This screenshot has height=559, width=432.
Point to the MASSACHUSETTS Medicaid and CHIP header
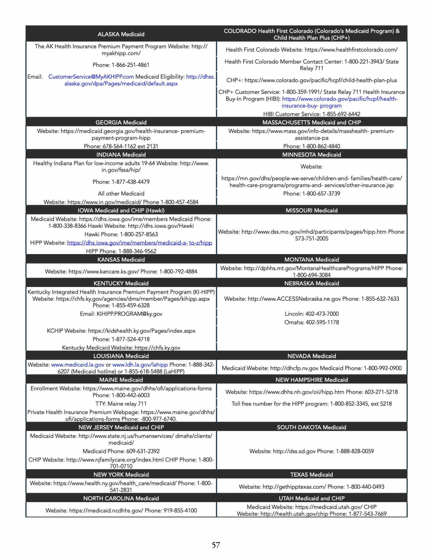pyautogui.click(x=311, y=122)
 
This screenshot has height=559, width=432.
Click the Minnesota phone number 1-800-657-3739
pyautogui.click(x=311, y=194)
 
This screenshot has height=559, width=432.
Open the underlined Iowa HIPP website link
pyautogui.click(x=140, y=243)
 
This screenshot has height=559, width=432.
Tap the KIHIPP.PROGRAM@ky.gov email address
pyautogui.click(x=129, y=314)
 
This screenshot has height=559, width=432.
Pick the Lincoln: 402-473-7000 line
pyautogui.click(x=311, y=314)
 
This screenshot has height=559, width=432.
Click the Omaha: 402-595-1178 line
pyautogui.click(x=311, y=322)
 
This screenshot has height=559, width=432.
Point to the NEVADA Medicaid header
pyautogui.click(x=311, y=356)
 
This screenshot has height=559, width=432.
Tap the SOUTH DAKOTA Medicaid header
pyautogui.click(x=311, y=427)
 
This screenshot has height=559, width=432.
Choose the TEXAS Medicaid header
pyautogui.click(x=311, y=475)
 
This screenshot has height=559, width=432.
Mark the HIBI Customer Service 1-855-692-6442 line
pyautogui.click(x=311, y=114)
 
